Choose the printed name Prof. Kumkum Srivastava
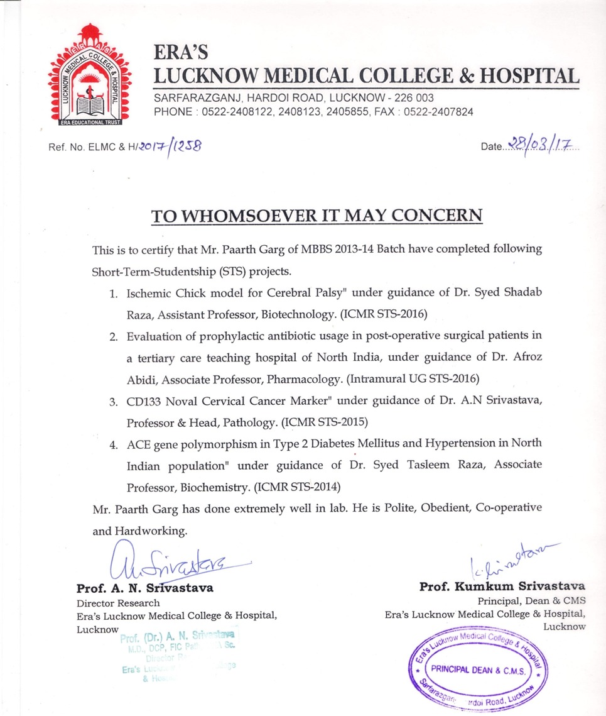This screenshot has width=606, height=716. tap(502, 587)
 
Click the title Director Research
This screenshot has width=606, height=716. tap(118, 603)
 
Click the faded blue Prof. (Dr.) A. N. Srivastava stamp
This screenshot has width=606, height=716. tap(178, 654)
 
